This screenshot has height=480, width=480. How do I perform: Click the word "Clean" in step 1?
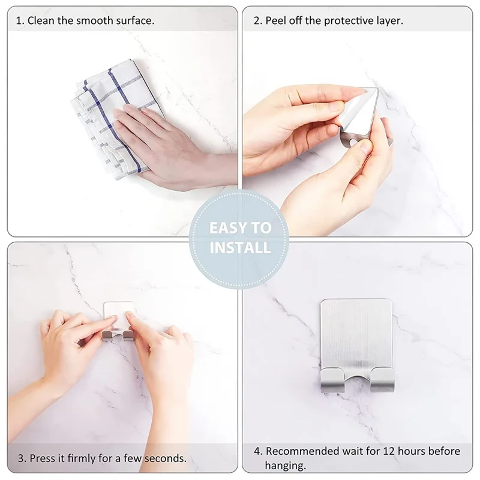(41, 20)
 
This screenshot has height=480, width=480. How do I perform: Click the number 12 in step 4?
(388, 451)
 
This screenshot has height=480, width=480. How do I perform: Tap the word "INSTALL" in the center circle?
(240, 247)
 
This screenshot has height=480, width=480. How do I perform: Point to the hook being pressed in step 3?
(119, 321)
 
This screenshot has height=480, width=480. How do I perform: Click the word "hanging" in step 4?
(286, 465)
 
